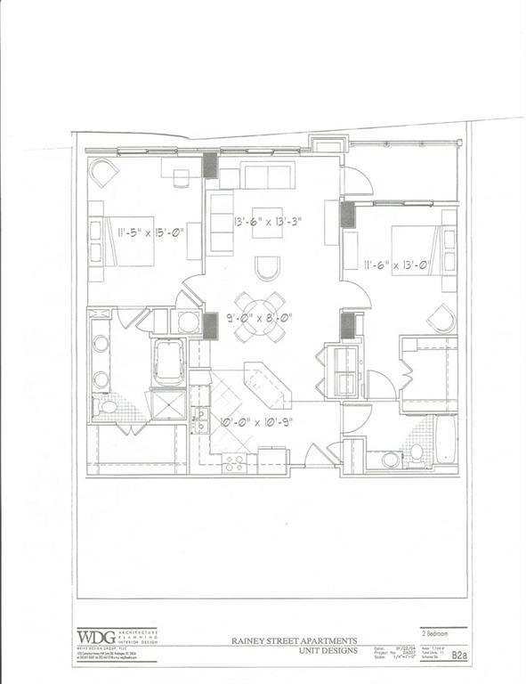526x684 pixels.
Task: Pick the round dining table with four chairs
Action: (x=260, y=316)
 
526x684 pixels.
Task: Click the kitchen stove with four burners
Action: (x=233, y=461)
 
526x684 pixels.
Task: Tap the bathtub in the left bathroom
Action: (x=168, y=362)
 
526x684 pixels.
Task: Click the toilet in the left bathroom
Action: (x=106, y=407)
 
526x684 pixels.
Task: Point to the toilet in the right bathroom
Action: (x=415, y=453)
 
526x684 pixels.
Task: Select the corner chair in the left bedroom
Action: (x=103, y=172)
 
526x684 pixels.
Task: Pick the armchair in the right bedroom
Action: (x=441, y=317)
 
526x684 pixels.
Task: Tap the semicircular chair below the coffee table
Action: (x=267, y=267)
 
